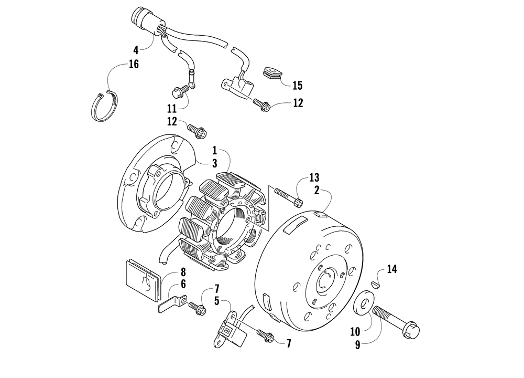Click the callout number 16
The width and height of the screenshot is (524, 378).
pyautogui.click(x=134, y=65)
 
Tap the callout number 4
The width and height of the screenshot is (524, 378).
pyautogui.click(x=136, y=50)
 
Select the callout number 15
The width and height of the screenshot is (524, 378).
pyautogui.click(x=298, y=85)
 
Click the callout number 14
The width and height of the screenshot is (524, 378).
pyautogui.click(x=392, y=269)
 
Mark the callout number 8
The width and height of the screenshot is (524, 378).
pyautogui.click(x=183, y=272)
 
